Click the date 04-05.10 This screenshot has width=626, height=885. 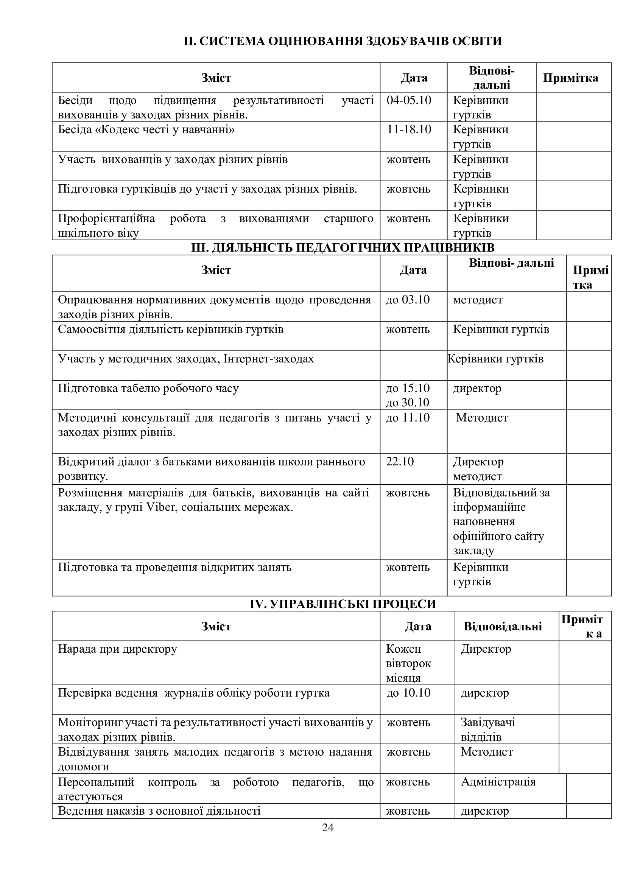409,100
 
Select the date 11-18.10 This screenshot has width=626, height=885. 409,129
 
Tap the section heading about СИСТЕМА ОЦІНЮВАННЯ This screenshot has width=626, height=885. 343,41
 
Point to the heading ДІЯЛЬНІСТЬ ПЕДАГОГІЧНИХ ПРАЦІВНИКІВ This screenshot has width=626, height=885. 343,247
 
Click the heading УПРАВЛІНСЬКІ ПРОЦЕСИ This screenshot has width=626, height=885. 343,604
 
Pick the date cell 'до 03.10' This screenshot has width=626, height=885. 408,300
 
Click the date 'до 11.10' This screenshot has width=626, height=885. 408,417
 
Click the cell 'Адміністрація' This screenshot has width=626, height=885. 498,782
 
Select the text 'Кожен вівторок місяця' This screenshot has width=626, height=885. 408,663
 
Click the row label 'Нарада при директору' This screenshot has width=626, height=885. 117,649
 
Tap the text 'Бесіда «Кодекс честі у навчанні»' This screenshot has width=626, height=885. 146,129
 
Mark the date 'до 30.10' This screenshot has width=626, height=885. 408,403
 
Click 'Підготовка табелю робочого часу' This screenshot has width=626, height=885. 148,388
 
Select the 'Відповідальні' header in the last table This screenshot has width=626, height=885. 503,626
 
